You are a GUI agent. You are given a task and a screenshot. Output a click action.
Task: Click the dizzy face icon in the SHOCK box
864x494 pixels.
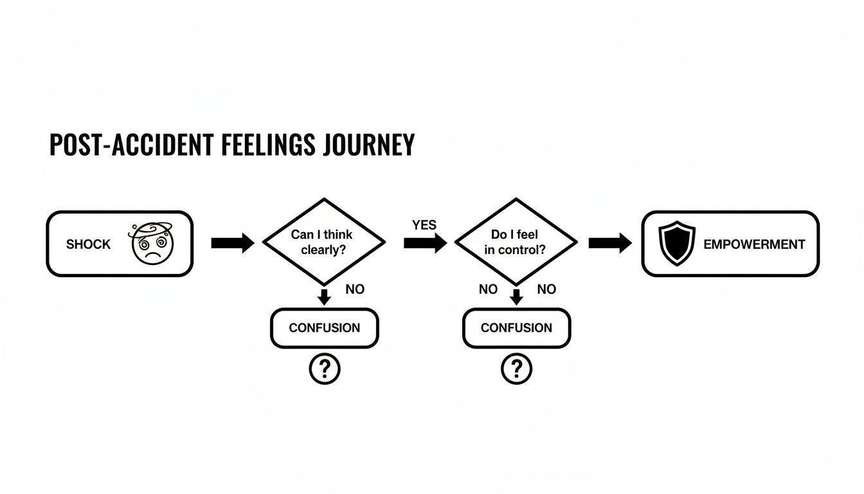coord(152,244)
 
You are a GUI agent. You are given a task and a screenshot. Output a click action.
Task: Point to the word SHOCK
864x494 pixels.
coord(88,244)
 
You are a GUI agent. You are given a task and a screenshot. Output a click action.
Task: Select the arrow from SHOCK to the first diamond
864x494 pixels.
coord(232,243)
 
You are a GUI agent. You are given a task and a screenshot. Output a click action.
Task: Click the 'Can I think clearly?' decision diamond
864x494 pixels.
coord(325,242)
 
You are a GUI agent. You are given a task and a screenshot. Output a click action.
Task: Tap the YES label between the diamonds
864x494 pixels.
coord(424,225)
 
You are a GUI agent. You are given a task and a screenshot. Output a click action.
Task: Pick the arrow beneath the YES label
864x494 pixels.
coord(425,243)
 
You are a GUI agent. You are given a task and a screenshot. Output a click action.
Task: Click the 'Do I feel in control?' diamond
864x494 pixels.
coord(516,242)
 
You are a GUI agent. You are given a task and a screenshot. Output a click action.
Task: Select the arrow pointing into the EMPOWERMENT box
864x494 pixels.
coord(609,243)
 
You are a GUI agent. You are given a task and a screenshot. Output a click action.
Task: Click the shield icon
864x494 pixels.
coord(678,244)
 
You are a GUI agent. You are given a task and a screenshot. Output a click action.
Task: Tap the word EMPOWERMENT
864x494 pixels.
coord(754,244)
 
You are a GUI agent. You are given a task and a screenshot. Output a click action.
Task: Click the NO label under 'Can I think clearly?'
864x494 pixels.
coord(354,289)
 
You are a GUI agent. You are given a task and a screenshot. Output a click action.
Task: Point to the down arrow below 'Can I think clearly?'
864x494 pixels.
coord(325,297)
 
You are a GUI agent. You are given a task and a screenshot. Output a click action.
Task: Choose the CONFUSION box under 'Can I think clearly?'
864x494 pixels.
coord(325,328)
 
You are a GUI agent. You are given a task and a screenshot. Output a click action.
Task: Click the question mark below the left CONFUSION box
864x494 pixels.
coord(325,369)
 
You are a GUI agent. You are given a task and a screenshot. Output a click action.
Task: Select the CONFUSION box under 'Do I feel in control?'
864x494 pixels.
coord(516,328)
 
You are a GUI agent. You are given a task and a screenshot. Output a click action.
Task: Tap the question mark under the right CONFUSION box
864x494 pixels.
coord(516,369)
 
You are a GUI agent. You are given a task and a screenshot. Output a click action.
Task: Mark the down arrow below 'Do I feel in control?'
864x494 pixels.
coord(516,297)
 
